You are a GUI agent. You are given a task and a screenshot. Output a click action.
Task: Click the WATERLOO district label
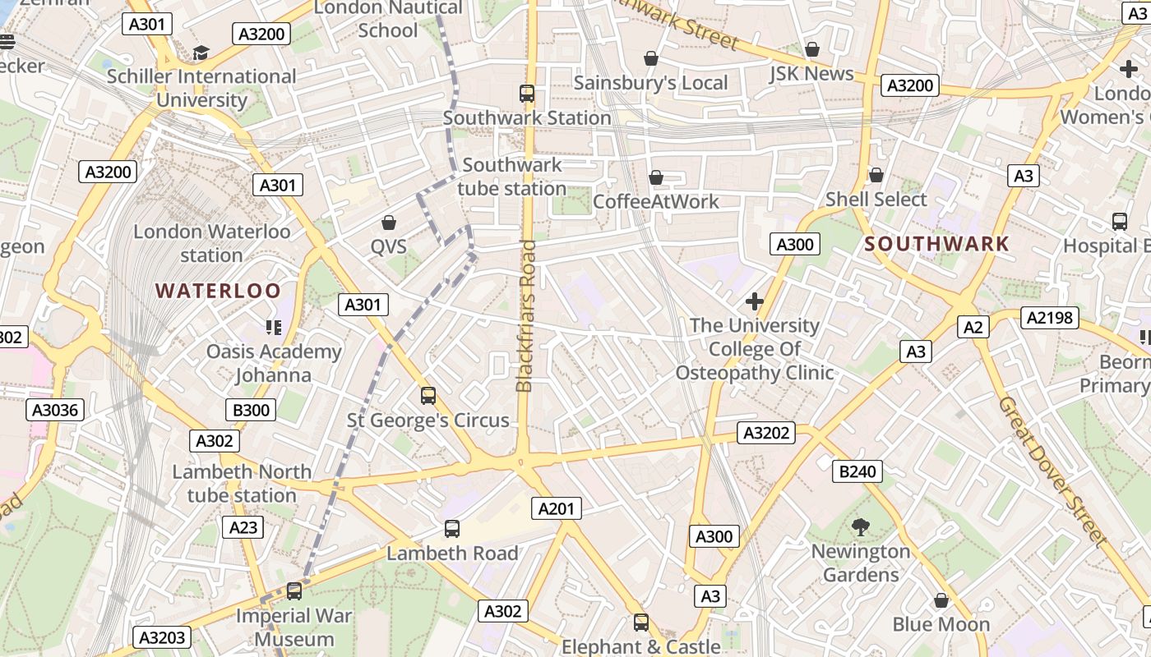coord(218,291)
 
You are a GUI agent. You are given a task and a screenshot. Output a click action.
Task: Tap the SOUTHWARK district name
coord(936,244)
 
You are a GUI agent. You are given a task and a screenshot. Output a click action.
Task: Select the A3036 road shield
coord(55,411)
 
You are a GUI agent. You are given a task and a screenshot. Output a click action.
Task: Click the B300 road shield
coord(250,410)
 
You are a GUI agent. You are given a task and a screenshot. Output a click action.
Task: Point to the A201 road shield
coord(556,508)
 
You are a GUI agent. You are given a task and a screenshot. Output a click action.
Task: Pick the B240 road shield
coord(857,471)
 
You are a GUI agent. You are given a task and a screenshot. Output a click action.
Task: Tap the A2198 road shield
coord(1049,318)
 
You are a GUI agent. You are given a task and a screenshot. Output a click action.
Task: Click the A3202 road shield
coord(766,433)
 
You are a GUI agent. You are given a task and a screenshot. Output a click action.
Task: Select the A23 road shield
coord(243,527)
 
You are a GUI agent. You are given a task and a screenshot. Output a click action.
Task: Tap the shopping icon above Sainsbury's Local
coord(650,58)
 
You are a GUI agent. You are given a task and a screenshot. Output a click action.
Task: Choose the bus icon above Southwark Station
coord(527,94)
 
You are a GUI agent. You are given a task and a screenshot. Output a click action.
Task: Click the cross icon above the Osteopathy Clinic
coord(754,301)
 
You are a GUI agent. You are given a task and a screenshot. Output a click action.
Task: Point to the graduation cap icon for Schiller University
coord(201,53)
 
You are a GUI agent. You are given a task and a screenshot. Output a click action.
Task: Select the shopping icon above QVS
coord(389,223)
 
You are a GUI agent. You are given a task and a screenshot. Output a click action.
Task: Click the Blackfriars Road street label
coord(525,315)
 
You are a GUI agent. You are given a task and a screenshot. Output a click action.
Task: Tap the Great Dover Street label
coord(1052,471)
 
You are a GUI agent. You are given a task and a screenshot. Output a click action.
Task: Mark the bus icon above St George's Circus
coord(428,396)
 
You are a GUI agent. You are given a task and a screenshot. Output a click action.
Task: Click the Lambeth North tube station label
coord(242,484)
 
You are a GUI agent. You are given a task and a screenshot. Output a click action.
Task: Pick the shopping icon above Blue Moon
coord(941,600)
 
